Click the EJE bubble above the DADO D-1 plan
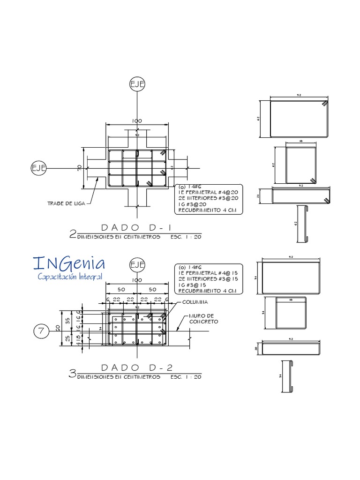pyautogui.click(x=137, y=84)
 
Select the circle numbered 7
pyautogui.click(x=41, y=331)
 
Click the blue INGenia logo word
pyautogui.click(x=69, y=263)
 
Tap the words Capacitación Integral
pyautogui.click(x=70, y=277)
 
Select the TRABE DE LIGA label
pyautogui.click(x=66, y=203)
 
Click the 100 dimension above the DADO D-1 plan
pyautogui.click(x=137, y=121)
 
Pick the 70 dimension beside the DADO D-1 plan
pyautogui.click(x=80, y=167)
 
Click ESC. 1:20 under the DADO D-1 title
pyautogui.click(x=186, y=237)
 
